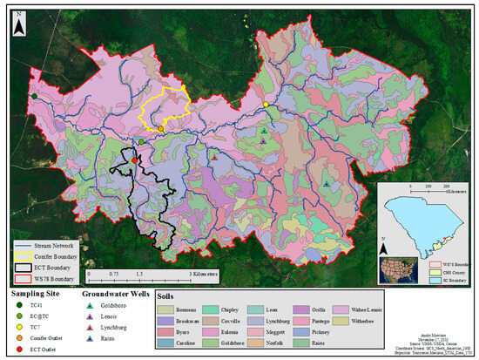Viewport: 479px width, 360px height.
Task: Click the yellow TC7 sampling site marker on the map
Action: pos(266,105)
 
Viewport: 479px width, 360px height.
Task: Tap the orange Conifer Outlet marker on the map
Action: pos(161,128)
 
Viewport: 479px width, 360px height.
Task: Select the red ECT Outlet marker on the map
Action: pos(135,160)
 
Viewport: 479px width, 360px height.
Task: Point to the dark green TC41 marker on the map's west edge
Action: pos(33,96)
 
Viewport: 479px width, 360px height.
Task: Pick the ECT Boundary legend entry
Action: pos(54,268)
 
